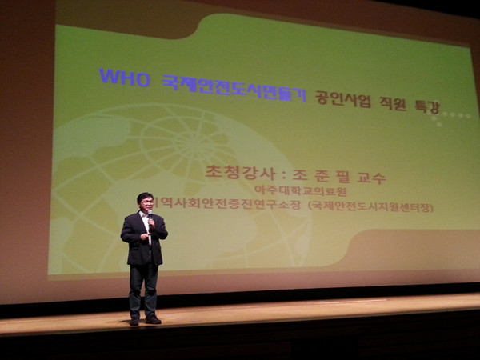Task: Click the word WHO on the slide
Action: (x=124, y=78)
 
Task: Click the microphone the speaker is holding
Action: (x=150, y=216)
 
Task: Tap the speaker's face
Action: (x=145, y=204)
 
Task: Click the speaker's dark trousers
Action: (x=143, y=288)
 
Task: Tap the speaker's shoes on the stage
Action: (x=145, y=321)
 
